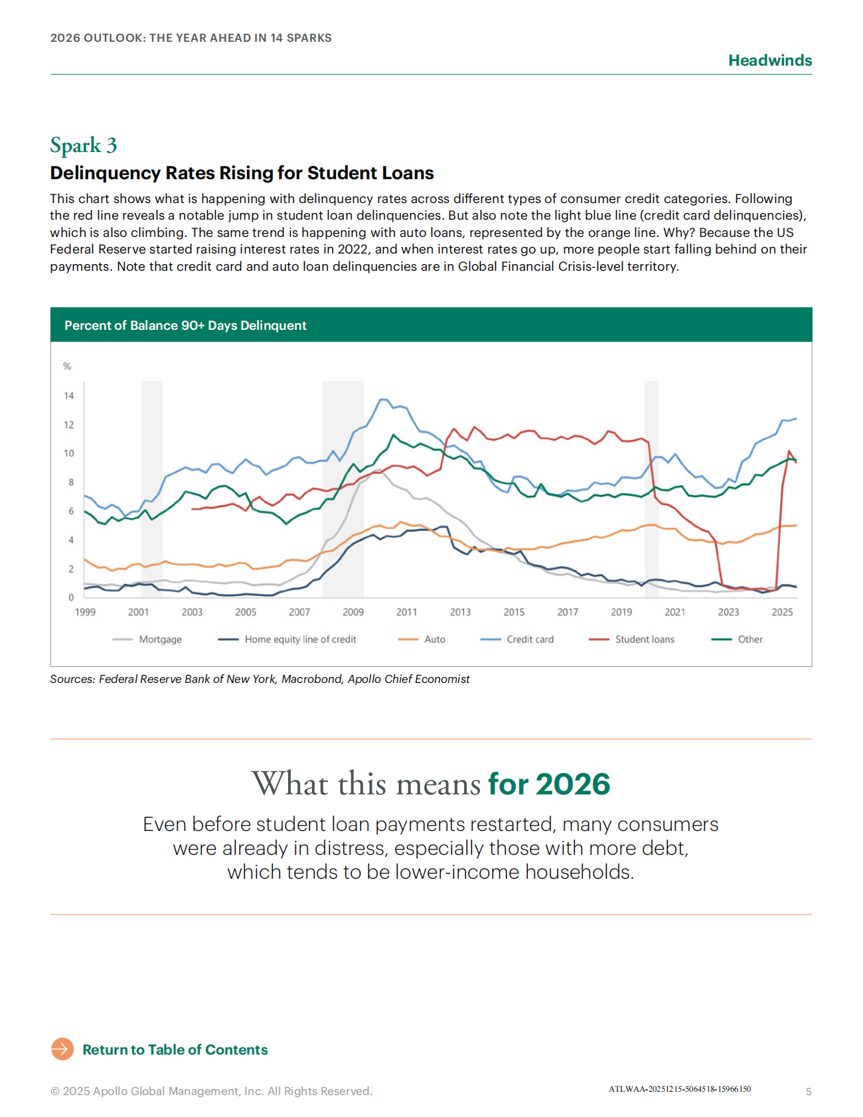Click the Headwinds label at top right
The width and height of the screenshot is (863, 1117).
tap(769, 60)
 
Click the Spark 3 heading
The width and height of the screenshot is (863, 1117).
tap(84, 145)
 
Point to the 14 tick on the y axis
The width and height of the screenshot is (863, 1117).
tap(69, 396)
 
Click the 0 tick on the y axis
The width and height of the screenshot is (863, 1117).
tap(72, 597)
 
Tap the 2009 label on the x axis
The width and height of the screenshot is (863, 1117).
tap(353, 612)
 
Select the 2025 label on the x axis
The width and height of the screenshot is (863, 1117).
tap(782, 612)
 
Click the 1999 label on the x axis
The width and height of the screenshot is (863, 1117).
tap(85, 612)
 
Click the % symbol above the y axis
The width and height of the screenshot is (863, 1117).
tap(67, 366)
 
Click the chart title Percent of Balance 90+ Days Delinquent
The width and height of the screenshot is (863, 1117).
tap(185, 325)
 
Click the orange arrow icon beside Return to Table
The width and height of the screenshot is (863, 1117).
tap(62, 1049)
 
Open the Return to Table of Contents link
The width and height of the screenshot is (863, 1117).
tap(175, 1049)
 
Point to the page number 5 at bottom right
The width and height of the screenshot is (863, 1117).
tap(808, 1091)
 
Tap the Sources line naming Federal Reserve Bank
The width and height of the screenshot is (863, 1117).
tap(260, 679)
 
